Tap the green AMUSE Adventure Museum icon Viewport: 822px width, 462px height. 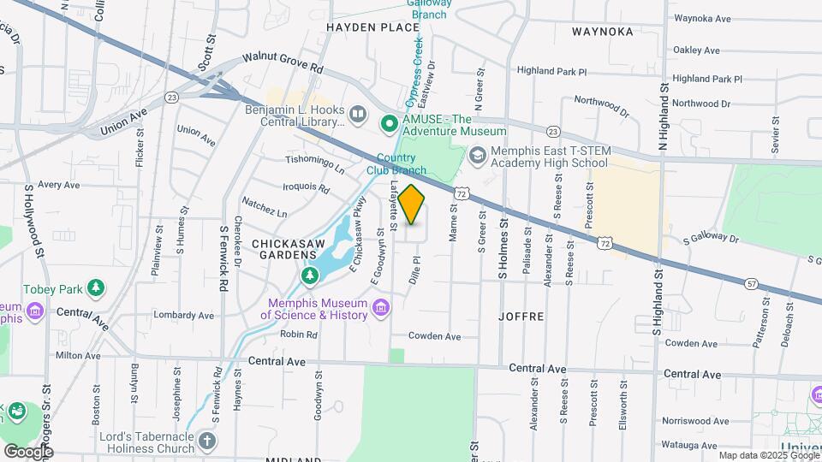click(390, 125)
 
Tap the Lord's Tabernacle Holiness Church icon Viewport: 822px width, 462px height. click(205, 441)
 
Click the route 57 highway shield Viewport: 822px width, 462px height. click(751, 282)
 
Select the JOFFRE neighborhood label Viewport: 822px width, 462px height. click(521, 316)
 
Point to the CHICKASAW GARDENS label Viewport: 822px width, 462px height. click(289, 252)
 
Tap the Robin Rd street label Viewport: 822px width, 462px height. click(299, 335)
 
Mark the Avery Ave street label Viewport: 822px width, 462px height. click(58, 185)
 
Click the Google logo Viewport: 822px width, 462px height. click(27, 451)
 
